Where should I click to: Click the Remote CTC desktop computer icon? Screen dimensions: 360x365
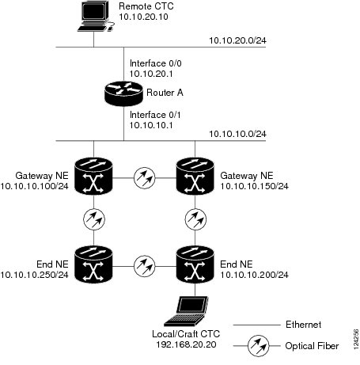(x=96, y=17)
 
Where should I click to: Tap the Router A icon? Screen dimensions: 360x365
(x=123, y=93)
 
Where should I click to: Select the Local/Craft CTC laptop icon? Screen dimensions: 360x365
(x=186, y=311)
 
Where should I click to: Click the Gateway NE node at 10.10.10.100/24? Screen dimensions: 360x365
(x=93, y=176)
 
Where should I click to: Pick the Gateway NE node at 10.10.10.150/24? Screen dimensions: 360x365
(x=195, y=176)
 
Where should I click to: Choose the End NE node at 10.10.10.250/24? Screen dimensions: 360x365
(x=93, y=264)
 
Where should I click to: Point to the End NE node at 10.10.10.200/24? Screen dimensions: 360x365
(x=195, y=264)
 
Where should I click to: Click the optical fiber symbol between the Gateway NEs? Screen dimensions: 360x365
(x=145, y=178)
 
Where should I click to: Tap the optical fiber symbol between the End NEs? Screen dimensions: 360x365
(x=145, y=266)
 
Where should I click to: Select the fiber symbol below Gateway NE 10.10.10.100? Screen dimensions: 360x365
(x=94, y=219)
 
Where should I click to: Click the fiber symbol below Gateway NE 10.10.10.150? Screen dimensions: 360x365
(x=195, y=219)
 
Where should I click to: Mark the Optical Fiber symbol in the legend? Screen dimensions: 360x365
(x=258, y=346)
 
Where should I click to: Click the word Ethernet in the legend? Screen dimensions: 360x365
(x=303, y=325)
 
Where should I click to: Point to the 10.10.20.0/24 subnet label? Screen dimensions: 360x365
(x=237, y=40)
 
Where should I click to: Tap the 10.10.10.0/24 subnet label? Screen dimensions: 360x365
(x=237, y=134)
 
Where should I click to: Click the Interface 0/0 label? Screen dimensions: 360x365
(x=156, y=63)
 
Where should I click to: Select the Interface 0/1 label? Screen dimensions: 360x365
(x=155, y=115)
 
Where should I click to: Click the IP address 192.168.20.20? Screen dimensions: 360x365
(x=186, y=344)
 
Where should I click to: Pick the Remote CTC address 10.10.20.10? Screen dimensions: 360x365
(x=143, y=17)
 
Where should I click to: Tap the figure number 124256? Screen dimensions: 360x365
(x=356, y=339)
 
